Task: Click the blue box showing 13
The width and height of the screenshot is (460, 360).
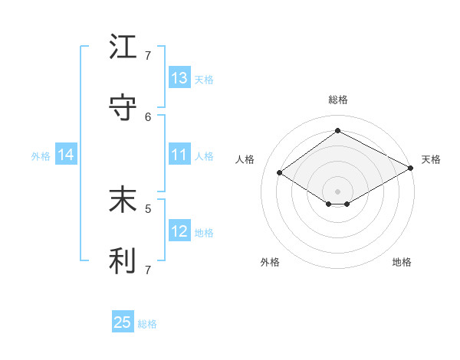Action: click(x=179, y=78)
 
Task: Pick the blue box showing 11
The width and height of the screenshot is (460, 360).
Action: click(x=179, y=155)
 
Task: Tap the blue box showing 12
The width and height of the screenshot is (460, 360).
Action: click(x=179, y=231)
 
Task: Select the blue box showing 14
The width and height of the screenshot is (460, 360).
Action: click(x=66, y=155)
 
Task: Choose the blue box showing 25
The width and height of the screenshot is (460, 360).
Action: click(x=123, y=322)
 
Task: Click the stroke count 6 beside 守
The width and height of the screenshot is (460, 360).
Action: click(x=148, y=116)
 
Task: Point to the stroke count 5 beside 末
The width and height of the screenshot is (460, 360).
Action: click(x=148, y=208)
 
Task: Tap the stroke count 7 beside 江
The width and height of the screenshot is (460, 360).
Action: click(x=148, y=55)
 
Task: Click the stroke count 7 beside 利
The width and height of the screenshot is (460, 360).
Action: click(x=148, y=269)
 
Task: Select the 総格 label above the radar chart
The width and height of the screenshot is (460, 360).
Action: click(x=337, y=100)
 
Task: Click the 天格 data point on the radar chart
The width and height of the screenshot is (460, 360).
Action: click(x=412, y=169)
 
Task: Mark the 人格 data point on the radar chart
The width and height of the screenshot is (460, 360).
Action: click(x=279, y=173)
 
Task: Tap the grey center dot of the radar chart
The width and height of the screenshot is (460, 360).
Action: click(x=337, y=191)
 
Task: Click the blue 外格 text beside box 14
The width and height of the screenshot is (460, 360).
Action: click(x=41, y=155)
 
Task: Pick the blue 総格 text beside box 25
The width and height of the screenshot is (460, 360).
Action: click(x=147, y=324)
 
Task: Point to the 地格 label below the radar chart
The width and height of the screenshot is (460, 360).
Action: click(x=402, y=262)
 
